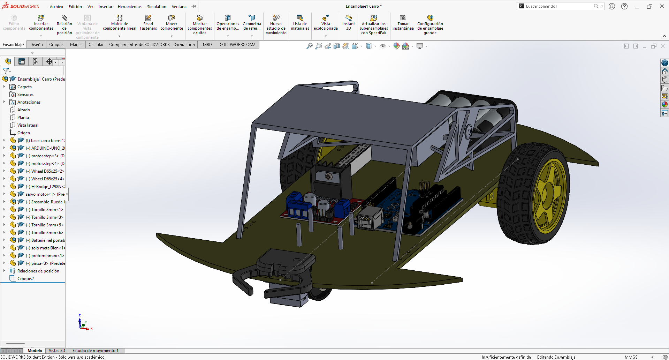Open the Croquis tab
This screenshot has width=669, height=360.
click(56, 45)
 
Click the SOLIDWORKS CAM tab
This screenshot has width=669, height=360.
click(238, 45)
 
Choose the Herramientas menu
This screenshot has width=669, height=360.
click(130, 7)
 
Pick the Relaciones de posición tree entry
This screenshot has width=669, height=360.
click(38, 271)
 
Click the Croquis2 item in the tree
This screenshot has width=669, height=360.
click(25, 279)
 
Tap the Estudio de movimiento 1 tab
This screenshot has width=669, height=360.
click(96, 351)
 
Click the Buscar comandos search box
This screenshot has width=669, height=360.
click(558, 6)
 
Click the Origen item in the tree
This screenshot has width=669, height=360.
click(23, 133)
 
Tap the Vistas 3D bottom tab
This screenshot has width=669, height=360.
click(57, 351)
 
